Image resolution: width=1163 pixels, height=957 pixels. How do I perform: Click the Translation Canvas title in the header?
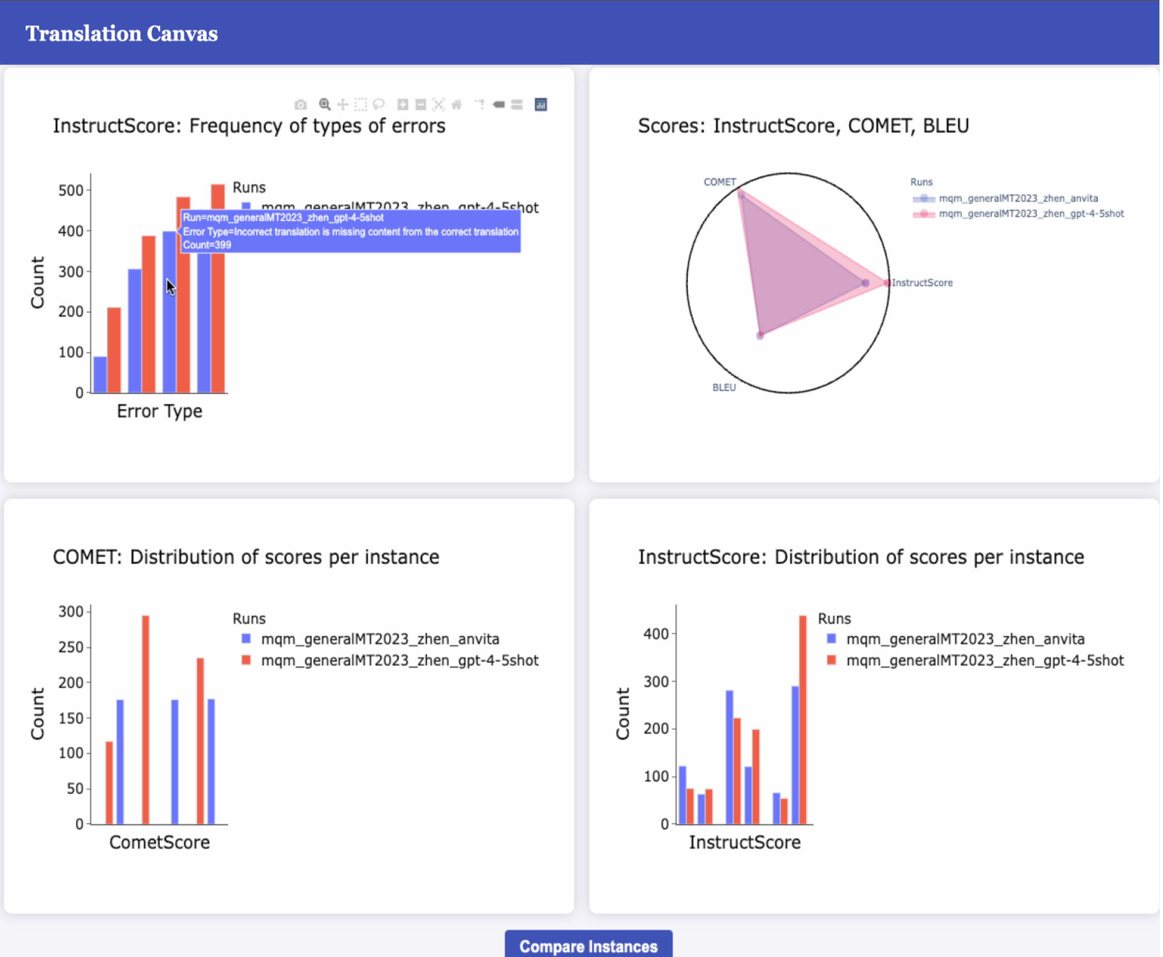122,34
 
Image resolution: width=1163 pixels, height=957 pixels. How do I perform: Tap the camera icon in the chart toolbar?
301,105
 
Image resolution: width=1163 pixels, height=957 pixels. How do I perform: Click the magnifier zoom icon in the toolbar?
324,105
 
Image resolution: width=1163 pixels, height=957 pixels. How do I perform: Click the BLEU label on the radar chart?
723,387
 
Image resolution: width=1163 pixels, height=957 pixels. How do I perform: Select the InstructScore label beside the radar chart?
922,283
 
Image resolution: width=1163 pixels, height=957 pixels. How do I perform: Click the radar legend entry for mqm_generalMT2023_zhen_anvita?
1017,199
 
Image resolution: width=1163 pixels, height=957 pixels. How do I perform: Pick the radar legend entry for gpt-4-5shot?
1031,214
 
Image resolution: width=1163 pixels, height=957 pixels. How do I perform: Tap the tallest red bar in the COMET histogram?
146,719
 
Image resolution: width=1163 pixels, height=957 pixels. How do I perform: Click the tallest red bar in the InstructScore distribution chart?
803,719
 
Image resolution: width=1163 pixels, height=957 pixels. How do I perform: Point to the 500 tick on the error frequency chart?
70,191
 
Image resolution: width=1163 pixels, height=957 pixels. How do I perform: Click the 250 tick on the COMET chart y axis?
70,647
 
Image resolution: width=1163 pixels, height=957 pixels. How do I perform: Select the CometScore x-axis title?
159,842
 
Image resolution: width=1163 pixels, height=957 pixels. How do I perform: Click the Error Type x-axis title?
159,411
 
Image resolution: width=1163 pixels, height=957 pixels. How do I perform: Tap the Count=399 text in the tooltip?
207,246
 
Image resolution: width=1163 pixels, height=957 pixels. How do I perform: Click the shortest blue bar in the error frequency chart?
100,375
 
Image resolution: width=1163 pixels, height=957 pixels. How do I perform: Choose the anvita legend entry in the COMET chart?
379,639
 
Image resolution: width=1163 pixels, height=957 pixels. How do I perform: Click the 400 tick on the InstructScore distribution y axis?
656,634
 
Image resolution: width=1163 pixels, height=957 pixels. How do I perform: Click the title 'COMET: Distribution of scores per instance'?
246,557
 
